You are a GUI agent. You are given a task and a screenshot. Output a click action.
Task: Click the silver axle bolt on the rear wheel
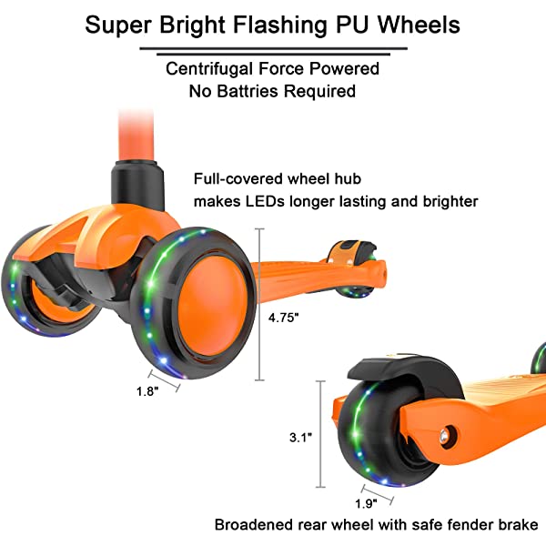(x=447, y=435)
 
